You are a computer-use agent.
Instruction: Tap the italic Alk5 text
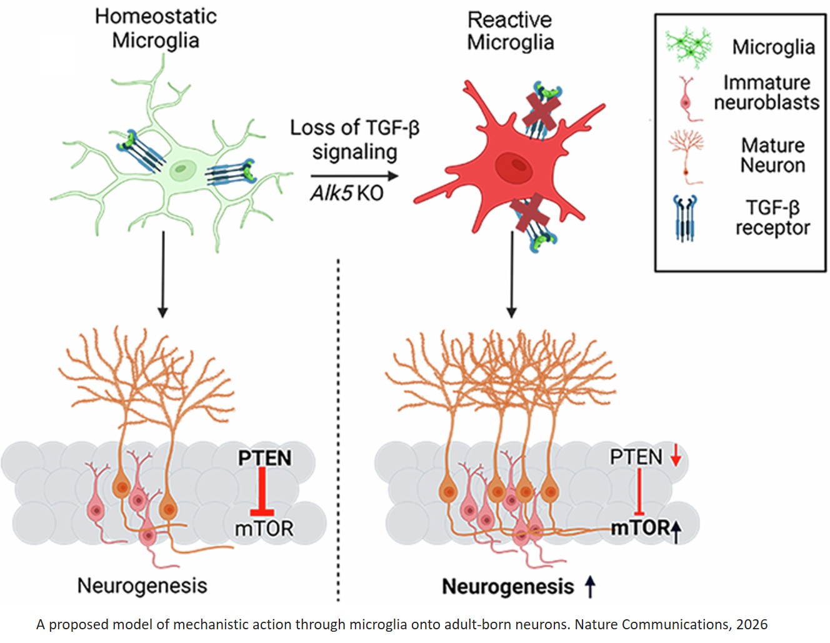pos(331,193)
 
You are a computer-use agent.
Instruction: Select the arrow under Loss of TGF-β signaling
pos(354,176)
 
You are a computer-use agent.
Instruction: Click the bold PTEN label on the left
pos(264,458)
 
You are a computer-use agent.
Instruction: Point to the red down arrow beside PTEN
pos(675,457)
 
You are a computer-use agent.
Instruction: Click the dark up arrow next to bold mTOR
pos(676,531)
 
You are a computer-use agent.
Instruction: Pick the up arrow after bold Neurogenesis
pos(589,586)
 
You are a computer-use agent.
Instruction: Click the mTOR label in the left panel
pos(264,529)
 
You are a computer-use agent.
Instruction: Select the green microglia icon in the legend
pos(688,47)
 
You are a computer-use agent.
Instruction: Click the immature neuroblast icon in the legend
pos(686,98)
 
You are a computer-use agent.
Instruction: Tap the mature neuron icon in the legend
pos(686,156)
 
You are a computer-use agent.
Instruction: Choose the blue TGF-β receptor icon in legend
pos(685,218)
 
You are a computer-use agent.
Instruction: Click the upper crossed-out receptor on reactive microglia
pos(539,110)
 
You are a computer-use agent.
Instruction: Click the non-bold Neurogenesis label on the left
pos(142,586)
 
